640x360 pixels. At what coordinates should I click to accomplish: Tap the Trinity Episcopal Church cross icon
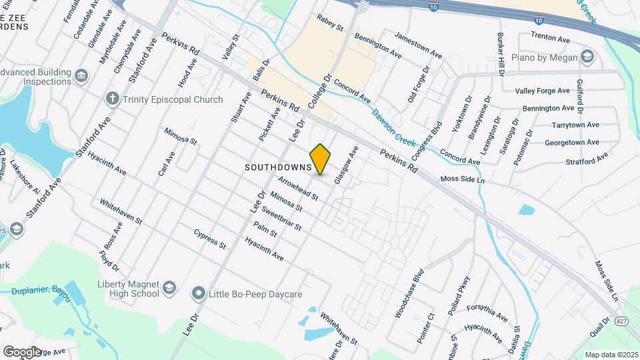pyautogui.click(x=112, y=99)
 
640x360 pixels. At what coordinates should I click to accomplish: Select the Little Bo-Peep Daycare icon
pyautogui.click(x=198, y=293)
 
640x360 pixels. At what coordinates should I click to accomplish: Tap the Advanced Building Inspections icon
pyautogui.click(x=82, y=76)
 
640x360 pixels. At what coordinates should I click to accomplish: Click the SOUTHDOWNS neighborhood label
pyautogui.click(x=278, y=167)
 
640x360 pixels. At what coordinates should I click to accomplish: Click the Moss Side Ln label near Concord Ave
pyautogui.click(x=462, y=180)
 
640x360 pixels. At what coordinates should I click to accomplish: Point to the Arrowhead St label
pyautogui.click(x=298, y=189)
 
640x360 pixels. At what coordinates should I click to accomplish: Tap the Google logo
pyautogui.click(x=21, y=351)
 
